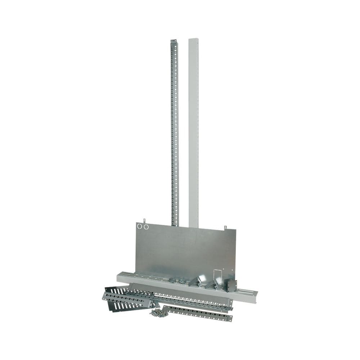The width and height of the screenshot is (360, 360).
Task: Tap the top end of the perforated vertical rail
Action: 173,41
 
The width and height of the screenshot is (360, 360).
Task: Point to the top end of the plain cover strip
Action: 193,40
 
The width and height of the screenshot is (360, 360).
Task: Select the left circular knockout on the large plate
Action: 140,226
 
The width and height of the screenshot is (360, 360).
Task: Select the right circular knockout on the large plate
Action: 146,226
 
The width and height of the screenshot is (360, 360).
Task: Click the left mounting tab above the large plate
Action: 144,220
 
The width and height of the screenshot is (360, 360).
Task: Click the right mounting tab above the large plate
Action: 225,228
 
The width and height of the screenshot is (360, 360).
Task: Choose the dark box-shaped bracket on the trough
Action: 230,285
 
